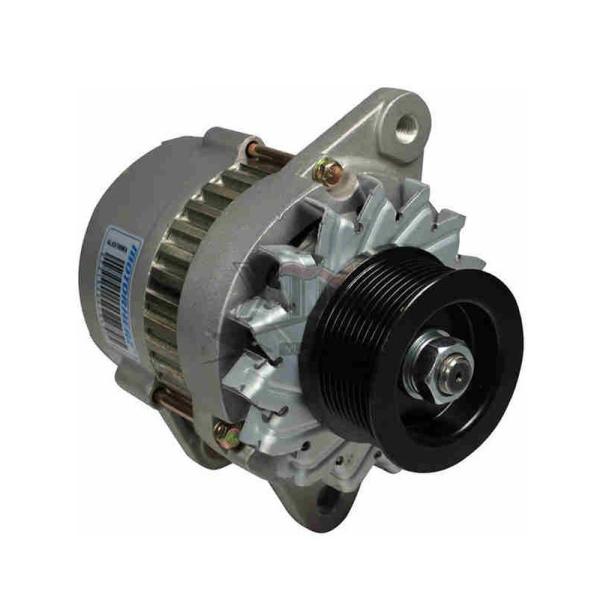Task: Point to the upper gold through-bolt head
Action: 326,171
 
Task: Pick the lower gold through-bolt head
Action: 228,434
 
